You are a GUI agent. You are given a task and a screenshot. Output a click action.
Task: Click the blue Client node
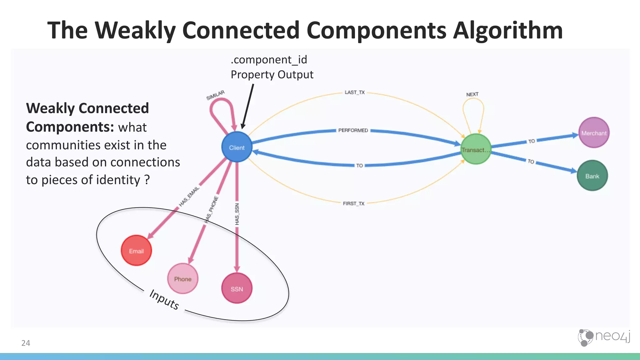pos(237,147)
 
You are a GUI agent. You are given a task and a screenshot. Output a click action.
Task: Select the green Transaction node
pos(476,149)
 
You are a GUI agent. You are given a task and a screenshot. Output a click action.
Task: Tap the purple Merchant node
pos(594,132)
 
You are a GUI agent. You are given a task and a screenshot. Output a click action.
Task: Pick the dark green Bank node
pos(592,176)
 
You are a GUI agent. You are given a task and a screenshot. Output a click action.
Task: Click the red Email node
pos(136,251)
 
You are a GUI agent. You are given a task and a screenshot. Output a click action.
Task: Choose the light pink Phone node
pos(182,279)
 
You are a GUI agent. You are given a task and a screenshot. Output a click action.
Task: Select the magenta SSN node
pos(237,288)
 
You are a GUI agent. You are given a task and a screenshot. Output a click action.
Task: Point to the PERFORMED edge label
pos(353,130)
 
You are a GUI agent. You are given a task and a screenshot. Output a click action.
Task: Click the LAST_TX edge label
pos(354,92)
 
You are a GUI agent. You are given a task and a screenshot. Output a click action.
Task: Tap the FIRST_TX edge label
pos(353,203)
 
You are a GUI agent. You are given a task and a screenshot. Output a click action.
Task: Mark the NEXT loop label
pos(472,94)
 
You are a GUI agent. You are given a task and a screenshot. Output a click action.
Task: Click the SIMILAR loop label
pos(215,95)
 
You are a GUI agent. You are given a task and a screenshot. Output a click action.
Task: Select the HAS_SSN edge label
pos(237,214)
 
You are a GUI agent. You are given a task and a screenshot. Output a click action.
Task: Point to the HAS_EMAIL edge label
pos(189,197)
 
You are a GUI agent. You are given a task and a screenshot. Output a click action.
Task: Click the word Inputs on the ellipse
pos(164,299)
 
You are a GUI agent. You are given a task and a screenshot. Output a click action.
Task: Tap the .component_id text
pos(269,59)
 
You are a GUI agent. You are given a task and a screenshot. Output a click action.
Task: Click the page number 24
pos(26,343)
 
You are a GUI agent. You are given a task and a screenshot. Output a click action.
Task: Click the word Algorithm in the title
pos(507,30)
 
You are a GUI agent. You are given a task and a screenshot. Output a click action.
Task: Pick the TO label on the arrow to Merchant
pos(531,141)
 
